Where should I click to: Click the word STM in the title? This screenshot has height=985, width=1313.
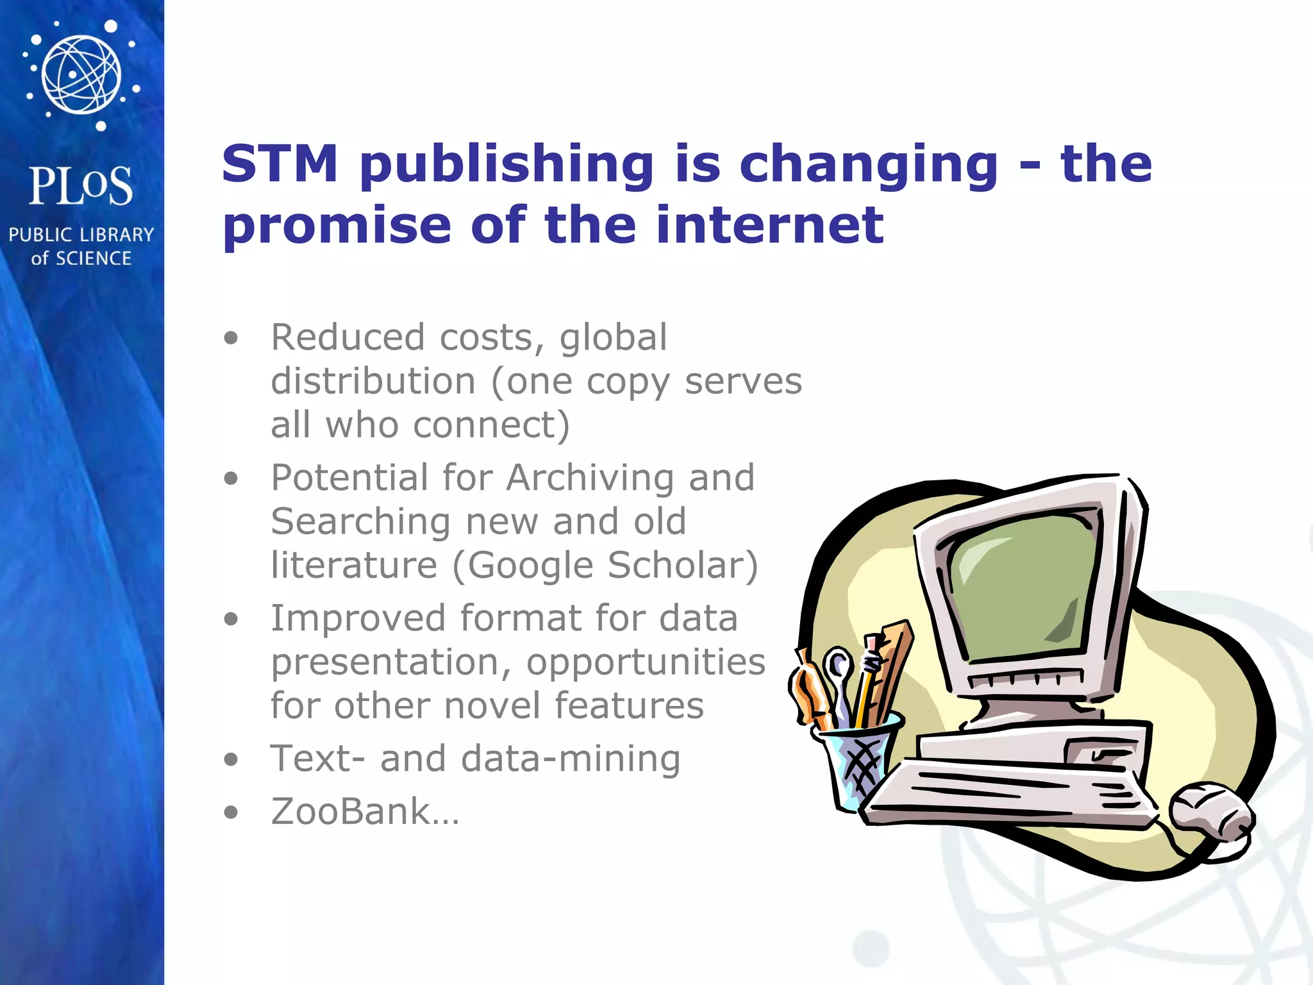[x=280, y=164]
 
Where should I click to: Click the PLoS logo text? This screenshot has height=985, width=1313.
[x=81, y=186]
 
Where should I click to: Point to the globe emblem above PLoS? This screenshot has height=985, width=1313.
[x=81, y=74]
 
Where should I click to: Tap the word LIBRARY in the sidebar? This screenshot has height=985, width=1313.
[x=116, y=235]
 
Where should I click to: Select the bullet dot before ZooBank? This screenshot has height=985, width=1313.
[x=231, y=812]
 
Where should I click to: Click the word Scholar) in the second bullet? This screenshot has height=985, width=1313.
[x=683, y=566]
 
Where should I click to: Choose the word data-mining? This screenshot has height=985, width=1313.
[x=571, y=759]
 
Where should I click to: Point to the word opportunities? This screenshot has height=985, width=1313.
[x=646, y=663]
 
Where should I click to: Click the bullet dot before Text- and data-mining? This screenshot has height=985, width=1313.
[x=231, y=760]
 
